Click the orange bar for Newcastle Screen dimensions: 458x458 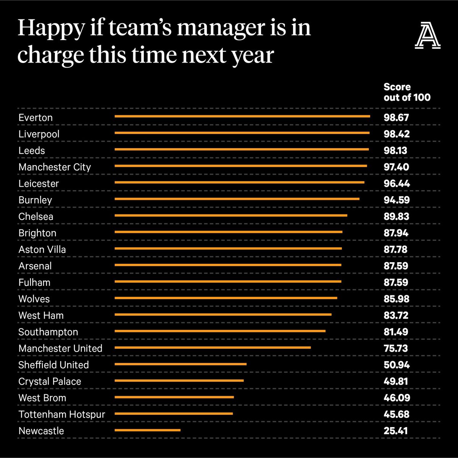(147, 430)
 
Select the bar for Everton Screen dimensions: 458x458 (242, 116)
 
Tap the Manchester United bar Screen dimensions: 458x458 (213, 347)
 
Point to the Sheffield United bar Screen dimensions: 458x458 (181, 364)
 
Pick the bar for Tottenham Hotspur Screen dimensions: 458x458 (174, 413)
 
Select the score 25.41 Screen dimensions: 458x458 (396, 431)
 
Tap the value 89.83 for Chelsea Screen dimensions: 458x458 (396, 216)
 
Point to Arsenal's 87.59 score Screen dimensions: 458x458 (396, 266)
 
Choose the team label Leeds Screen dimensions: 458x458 (32, 151)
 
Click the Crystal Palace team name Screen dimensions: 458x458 (50, 381)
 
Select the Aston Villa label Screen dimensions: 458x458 (42, 250)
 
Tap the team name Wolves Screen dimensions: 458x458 (34, 299)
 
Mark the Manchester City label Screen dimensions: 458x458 (55, 167)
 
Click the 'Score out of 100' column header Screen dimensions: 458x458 (407, 92)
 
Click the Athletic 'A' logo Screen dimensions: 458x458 (427, 36)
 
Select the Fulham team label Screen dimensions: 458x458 (34, 282)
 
